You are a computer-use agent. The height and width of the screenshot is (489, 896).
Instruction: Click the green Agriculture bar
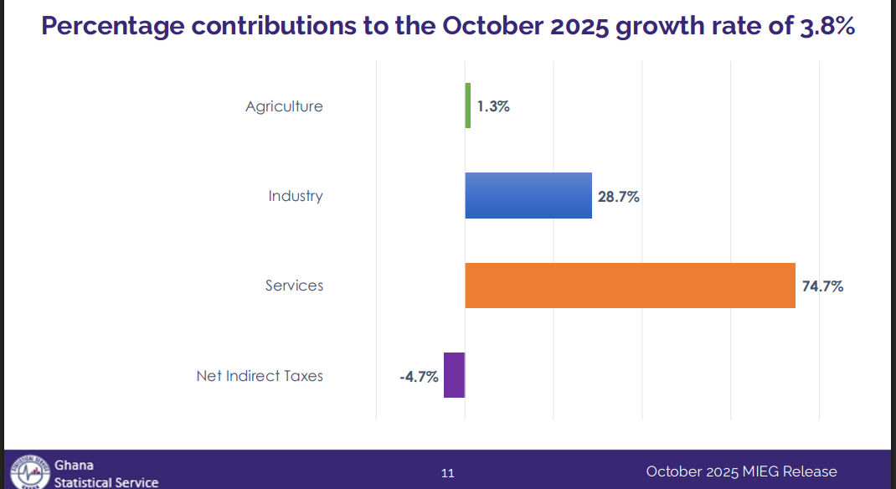pos(468,106)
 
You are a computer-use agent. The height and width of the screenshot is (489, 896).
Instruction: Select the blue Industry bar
pos(528,196)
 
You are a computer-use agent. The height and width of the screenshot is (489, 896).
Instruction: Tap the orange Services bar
pos(630,286)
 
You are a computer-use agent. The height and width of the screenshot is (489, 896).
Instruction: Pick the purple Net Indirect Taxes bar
pos(454,375)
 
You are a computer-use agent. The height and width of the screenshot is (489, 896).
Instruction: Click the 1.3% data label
pos(493,106)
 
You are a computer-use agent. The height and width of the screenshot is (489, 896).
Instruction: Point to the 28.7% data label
pos(619,197)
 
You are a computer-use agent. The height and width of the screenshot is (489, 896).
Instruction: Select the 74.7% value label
pos(822,286)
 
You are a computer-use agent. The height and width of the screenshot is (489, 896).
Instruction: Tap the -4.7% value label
pos(419,377)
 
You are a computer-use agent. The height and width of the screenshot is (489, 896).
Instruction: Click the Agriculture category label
pos(284,106)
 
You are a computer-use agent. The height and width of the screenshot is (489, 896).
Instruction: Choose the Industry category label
pos(296,196)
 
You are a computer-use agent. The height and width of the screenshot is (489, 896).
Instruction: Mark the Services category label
pos(294,286)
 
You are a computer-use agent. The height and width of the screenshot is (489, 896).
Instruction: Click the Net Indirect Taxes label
pos(260,376)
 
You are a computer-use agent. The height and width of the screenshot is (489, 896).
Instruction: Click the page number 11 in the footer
pos(448,473)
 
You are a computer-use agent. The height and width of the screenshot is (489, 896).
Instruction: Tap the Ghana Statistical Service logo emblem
pos(29,472)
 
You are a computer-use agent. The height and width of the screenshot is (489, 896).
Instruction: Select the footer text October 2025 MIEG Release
pos(741,471)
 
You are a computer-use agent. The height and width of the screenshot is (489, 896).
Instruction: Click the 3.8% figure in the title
pos(824,26)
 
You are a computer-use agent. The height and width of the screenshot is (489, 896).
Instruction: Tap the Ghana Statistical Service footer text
pos(106,474)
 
